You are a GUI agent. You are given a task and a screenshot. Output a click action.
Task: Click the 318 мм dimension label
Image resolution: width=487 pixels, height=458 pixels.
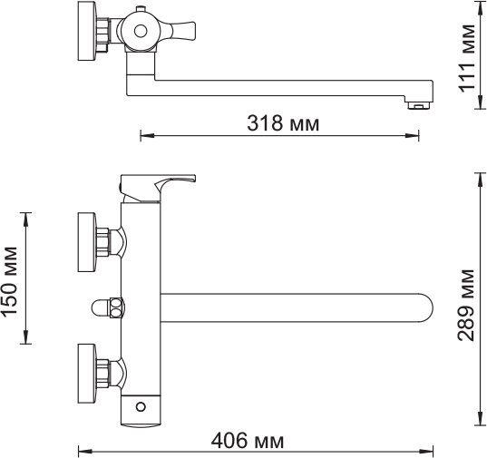[283, 123]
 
